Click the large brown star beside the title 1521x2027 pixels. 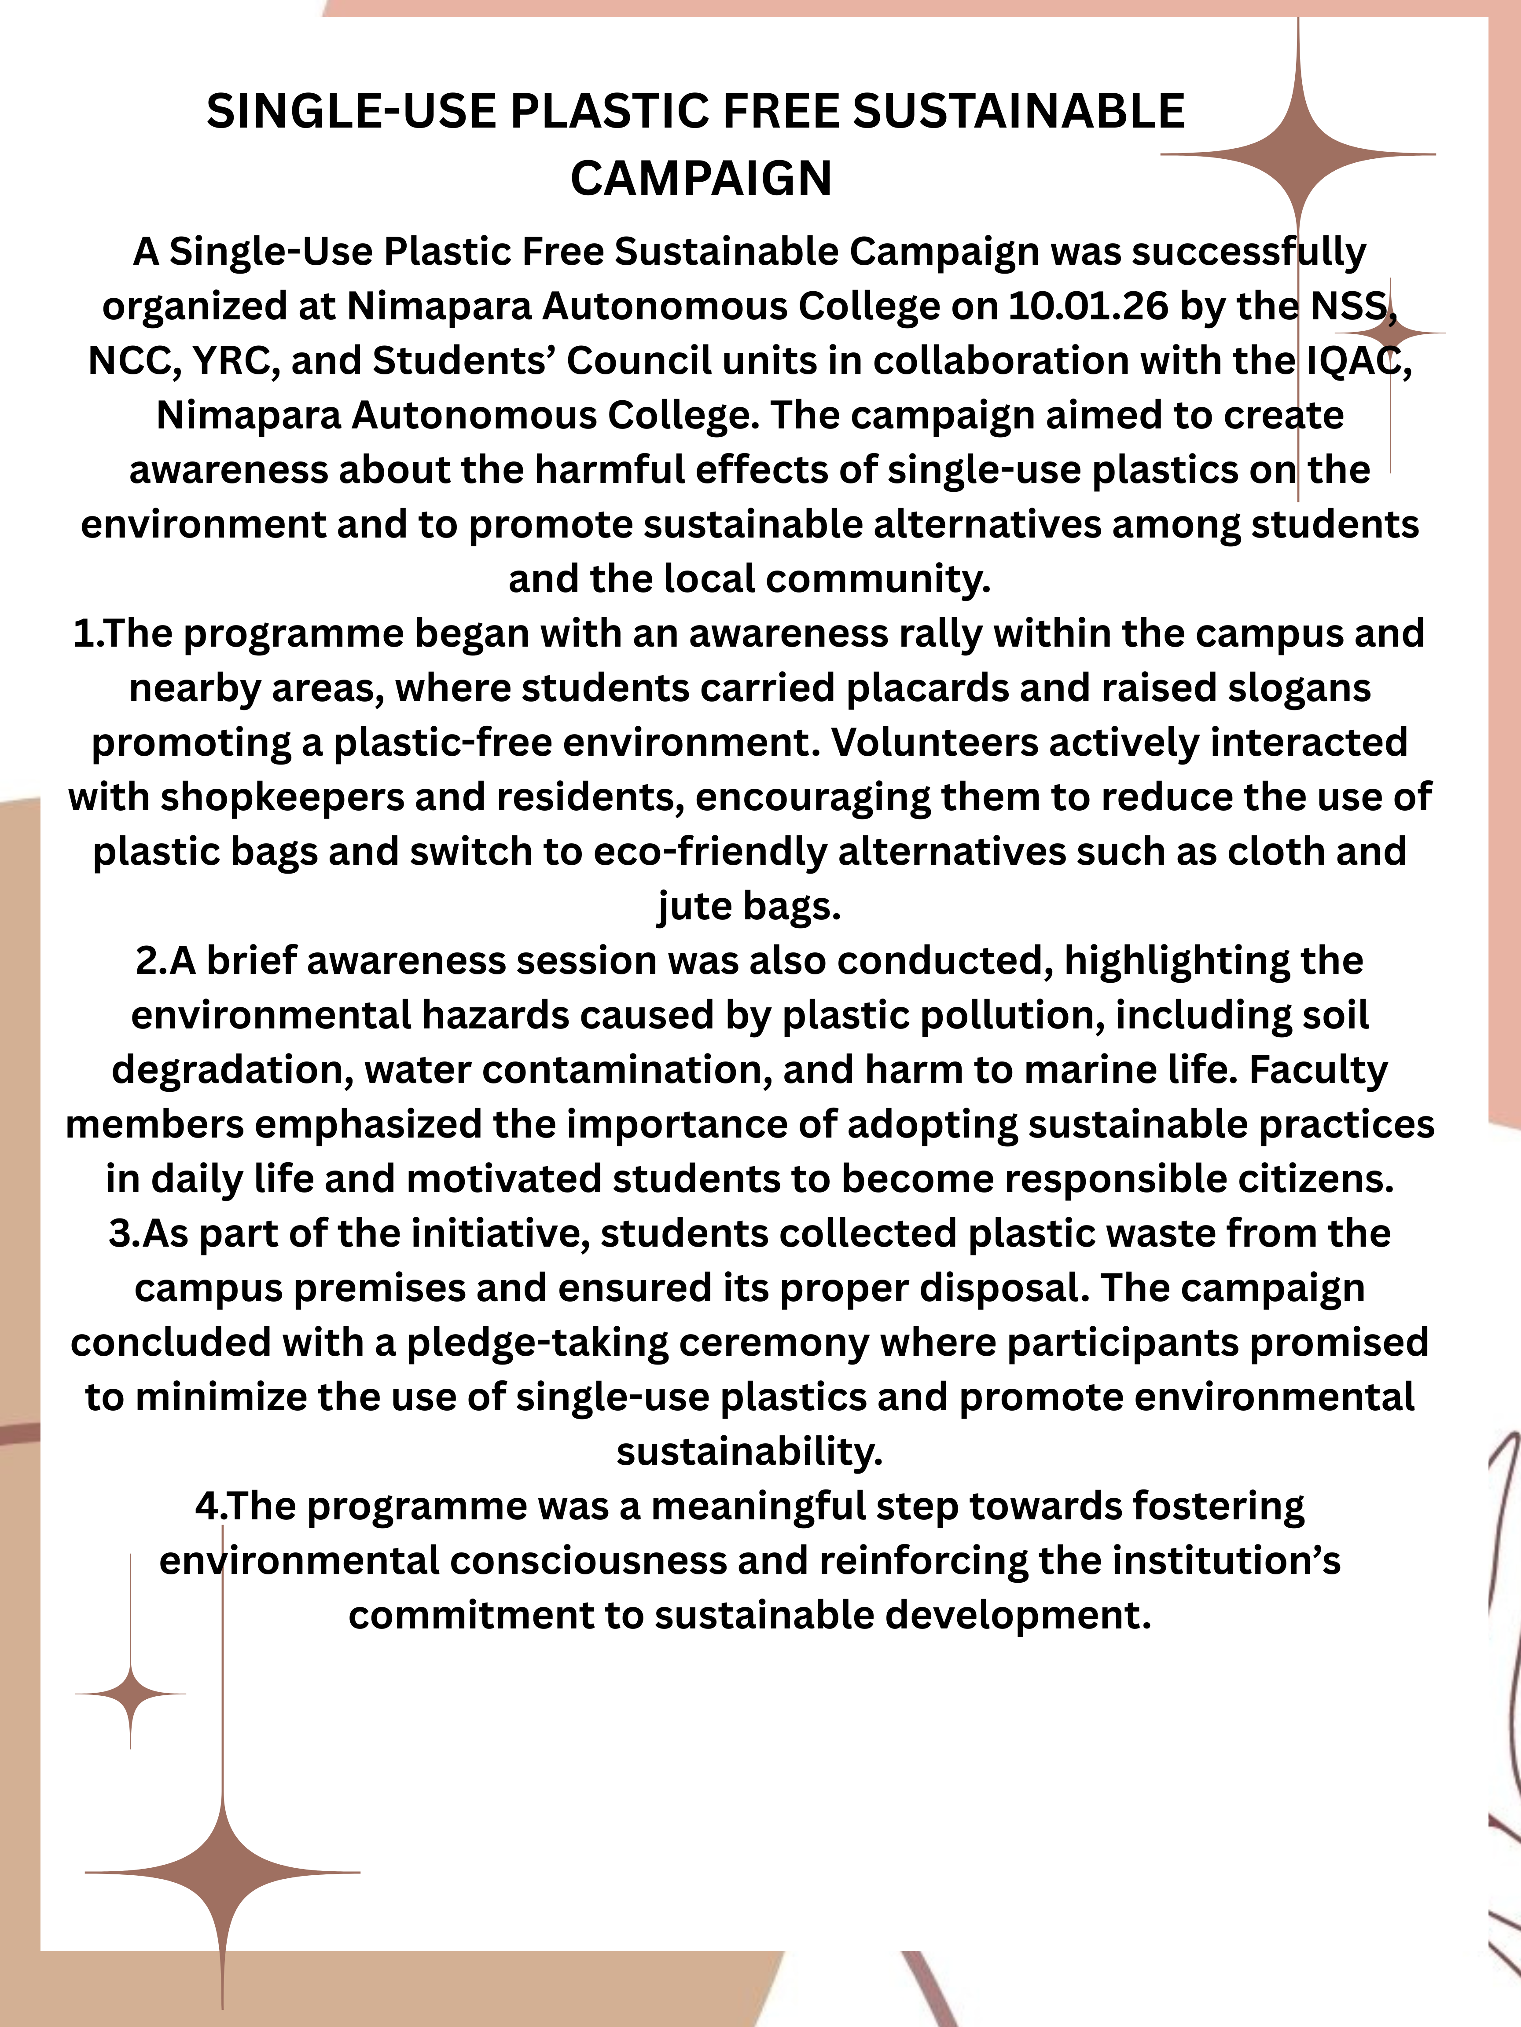(x=1298, y=155)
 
